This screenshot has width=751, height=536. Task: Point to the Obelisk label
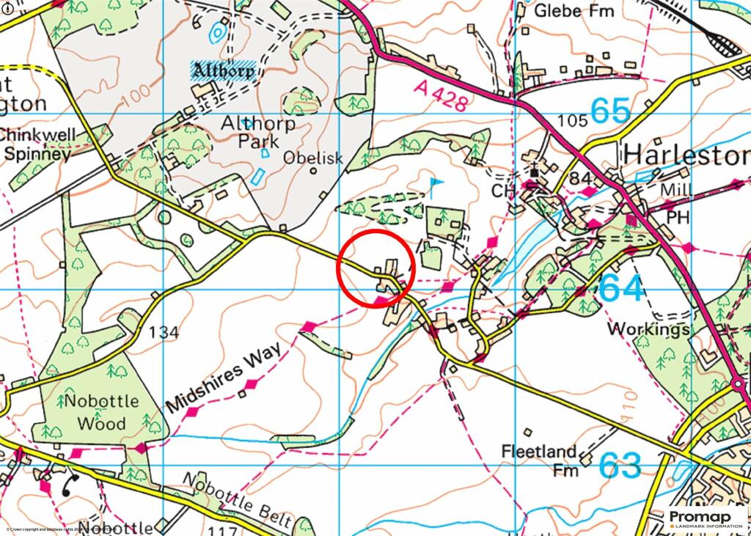308,158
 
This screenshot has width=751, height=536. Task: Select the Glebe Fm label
574,10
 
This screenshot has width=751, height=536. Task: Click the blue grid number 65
609,111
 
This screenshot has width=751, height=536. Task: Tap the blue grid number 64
623,287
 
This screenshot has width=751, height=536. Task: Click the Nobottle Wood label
95,413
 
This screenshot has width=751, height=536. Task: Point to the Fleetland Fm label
538,459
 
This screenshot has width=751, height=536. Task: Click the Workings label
648,329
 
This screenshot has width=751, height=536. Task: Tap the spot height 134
164,333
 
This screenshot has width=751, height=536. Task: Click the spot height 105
573,120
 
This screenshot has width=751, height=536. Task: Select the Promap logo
706,518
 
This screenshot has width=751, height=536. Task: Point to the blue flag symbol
436,183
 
